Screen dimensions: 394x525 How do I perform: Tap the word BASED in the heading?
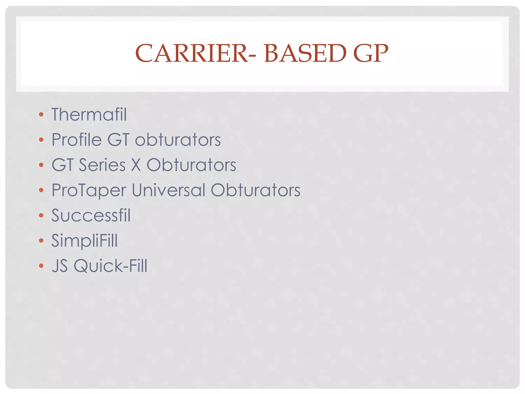(305, 53)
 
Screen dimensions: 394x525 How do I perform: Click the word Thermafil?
(89, 114)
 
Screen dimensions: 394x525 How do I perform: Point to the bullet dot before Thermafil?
(41, 114)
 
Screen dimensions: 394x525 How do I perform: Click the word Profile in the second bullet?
(77, 140)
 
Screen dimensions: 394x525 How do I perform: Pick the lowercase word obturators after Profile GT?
(178, 140)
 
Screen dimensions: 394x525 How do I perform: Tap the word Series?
(102, 165)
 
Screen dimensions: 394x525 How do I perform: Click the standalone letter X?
(136, 165)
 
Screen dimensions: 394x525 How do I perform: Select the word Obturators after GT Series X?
(191, 165)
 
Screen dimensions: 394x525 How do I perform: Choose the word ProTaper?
(89, 190)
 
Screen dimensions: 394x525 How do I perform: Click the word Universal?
(168, 190)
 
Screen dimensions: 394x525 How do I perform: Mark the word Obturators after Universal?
(255, 190)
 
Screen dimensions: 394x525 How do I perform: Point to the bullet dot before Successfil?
(41, 215)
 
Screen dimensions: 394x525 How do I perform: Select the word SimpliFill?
(85, 241)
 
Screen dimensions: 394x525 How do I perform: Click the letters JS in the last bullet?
(60, 265)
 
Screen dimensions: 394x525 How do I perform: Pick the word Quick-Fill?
(110, 265)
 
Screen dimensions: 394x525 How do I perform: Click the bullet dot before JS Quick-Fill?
(41, 265)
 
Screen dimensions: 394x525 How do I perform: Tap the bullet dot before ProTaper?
(41, 190)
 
